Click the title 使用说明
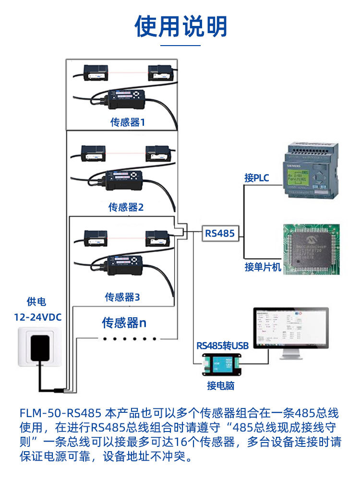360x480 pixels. click(180, 26)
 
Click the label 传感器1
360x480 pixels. click(128, 122)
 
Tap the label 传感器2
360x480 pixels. click(126, 207)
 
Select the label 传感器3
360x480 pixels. click(122, 297)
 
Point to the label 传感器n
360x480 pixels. click(124, 323)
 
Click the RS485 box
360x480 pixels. click(220, 234)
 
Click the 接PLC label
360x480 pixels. click(257, 178)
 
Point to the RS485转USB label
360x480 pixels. click(222, 346)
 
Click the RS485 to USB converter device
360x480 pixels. click(222, 364)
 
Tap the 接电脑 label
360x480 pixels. click(221, 385)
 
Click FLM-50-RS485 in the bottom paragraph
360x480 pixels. click(60, 413)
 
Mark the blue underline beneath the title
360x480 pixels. click(180, 46)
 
